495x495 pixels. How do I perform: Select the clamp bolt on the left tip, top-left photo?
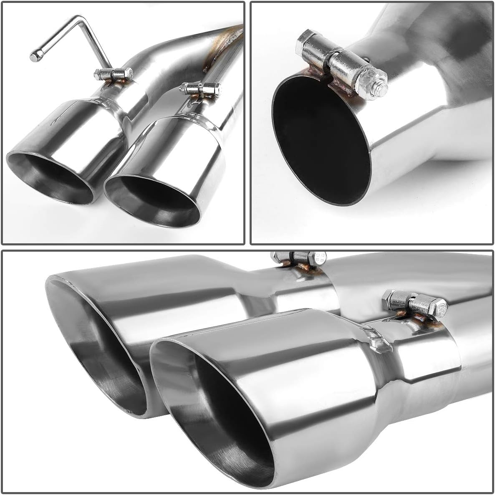[111, 75]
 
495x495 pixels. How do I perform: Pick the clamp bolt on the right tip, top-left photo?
[199, 88]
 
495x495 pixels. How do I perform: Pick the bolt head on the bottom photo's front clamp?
[436, 307]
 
